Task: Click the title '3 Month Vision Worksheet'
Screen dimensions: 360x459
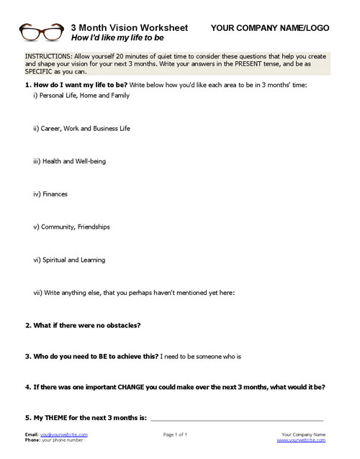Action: click(x=129, y=27)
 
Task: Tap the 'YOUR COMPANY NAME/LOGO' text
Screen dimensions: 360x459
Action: click(x=271, y=27)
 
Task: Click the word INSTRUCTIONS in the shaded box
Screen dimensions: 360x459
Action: click(x=48, y=55)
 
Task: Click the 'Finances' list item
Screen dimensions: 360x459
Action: click(x=53, y=194)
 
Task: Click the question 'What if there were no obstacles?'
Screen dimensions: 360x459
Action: click(x=87, y=325)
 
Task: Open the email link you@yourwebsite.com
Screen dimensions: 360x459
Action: click(x=64, y=435)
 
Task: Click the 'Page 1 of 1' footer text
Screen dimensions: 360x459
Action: click(x=176, y=435)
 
